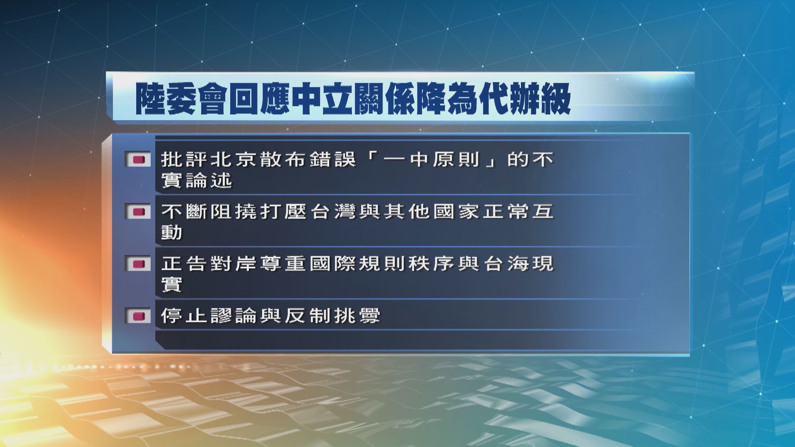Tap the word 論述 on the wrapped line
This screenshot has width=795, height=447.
[209, 181]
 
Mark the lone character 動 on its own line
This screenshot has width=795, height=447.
[171, 233]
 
